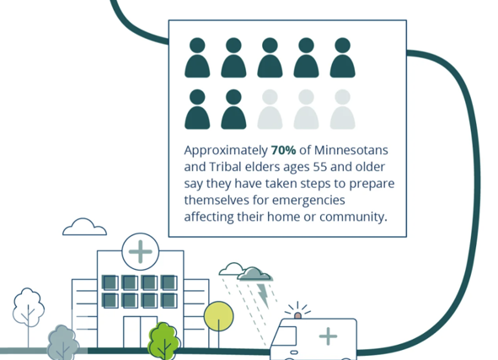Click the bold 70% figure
pyautogui.click(x=283, y=150)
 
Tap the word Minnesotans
pyautogui.click(x=351, y=150)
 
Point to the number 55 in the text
pyautogui.click(x=320, y=167)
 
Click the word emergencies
pyautogui.click(x=308, y=201)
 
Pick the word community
pyautogui.click(x=353, y=217)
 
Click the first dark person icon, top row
pyautogui.click(x=197, y=57)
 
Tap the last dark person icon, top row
pyautogui.click(x=342, y=57)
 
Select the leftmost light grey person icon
pyautogui.click(x=270, y=110)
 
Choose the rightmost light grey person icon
pyautogui.click(x=342, y=110)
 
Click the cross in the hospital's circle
pyautogui.click(x=141, y=251)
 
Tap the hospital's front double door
pyautogui.click(x=141, y=332)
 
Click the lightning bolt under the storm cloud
pyautogui.click(x=263, y=295)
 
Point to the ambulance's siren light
pyautogui.click(x=297, y=315)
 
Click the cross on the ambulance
pyautogui.click(x=328, y=336)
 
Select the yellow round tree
pyautogui.click(x=218, y=316)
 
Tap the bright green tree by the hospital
pyautogui.click(x=163, y=341)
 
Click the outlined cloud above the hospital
pyautogui.click(x=84, y=227)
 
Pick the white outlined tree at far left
pyautogui.click(x=29, y=308)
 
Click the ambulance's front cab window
pyautogui.click(x=286, y=336)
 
